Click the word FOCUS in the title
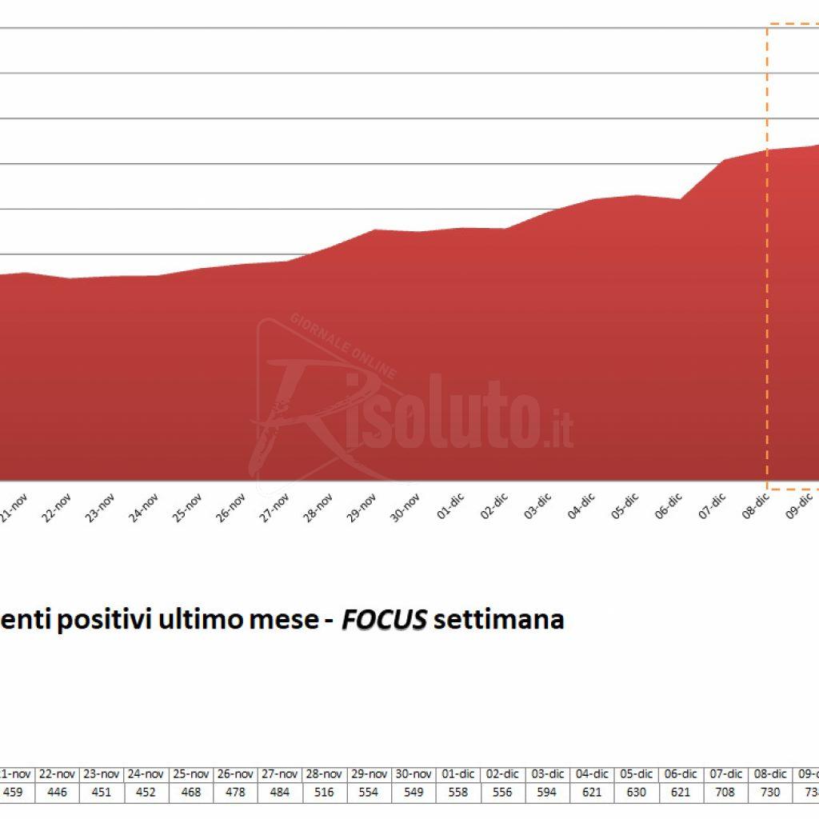pyautogui.click(x=384, y=620)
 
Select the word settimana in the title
pyautogui.click(x=498, y=620)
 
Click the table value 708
pyautogui.click(x=725, y=793)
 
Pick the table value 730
pyautogui.click(x=770, y=793)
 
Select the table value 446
pyautogui.click(x=57, y=793)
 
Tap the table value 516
pyautogui.click(x=325, y=793)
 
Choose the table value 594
pyautogui.click(x=547, y=793)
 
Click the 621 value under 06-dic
pyautogui.click(x=681, y=793)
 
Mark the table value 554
pyautogui.click(x=370, y=793)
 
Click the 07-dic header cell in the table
pyautogui.click(x=725, y=774)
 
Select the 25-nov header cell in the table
pyautogui.click(x=191, y=774)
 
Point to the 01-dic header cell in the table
pyautogui.click(x=458, y=774)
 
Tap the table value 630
pyautogui.click(x=636, y=793)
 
